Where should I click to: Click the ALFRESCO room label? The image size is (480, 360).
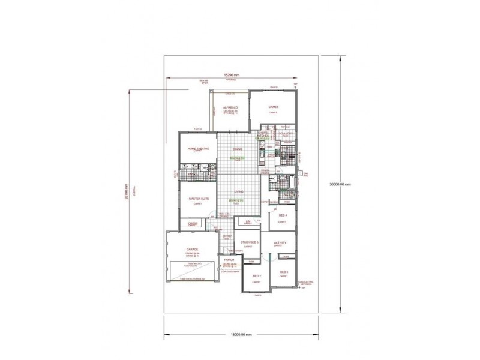click(231, 107)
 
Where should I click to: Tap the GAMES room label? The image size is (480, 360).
click(274, 107)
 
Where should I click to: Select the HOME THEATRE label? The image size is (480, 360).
click(198, 148)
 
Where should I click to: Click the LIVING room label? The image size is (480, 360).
click(238, 192)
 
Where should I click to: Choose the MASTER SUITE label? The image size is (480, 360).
click(198, 198)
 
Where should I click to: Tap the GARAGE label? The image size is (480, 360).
click(192, 248)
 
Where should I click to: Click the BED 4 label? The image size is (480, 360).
click(282, 215)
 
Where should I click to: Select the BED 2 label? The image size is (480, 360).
click(256, 276)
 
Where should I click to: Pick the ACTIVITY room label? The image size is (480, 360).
click(280, 242)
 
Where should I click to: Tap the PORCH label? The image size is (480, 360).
click(229, 260)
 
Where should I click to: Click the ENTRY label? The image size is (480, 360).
click(227, 236)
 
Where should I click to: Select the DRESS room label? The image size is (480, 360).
click(193, 223)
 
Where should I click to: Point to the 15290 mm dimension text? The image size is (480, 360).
click(232, 75)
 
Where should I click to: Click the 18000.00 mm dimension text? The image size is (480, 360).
click(239, 334)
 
